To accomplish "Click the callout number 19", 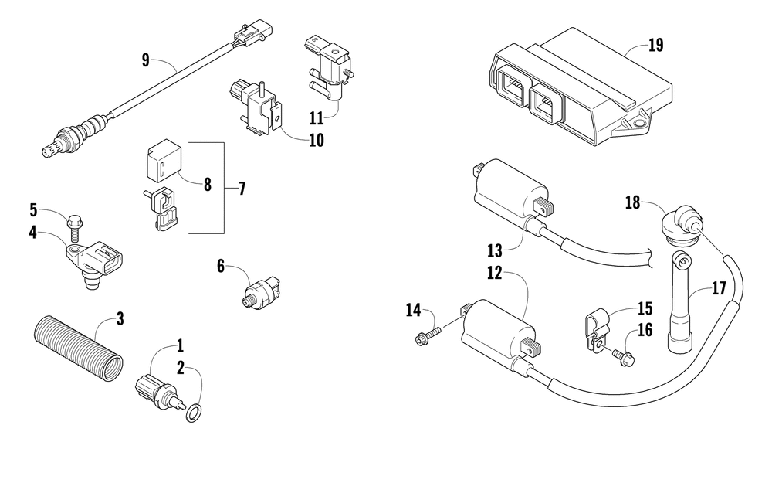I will click(655, 45).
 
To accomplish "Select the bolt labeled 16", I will click(621, 356).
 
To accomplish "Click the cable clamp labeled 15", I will click(595, 328).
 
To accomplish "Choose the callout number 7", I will click(242, 189).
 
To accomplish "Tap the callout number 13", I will click(494, 250).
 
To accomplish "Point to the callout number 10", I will click(316, 141).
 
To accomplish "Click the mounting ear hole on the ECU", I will click(639, 121).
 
